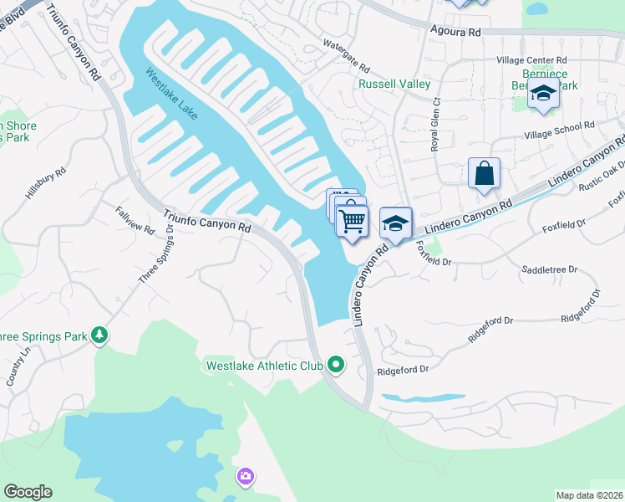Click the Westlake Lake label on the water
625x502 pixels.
[172, 93]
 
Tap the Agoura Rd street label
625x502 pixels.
[456, 31]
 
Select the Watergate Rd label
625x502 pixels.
[346, 53]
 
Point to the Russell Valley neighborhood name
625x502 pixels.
[394, 85]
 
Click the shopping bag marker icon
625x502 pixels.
[484, 174]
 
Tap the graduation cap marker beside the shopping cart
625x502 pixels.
[396, 223]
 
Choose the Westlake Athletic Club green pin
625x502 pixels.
[336, 364]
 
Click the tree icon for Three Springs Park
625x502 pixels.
[99, 336]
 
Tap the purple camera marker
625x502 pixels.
[246, 477]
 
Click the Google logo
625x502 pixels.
[28, 492]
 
